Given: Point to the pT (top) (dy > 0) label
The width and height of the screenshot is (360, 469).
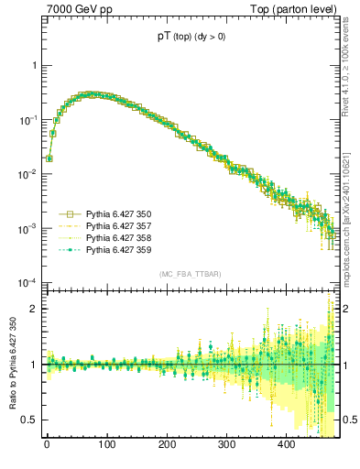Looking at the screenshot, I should [x=191, y=38].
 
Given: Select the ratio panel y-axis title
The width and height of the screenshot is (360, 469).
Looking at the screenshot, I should [x=12, y=365].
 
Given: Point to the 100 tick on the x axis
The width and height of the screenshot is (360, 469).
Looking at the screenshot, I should [x=106, y=445].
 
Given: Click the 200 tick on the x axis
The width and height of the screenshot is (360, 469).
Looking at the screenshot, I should [x=167, y=445].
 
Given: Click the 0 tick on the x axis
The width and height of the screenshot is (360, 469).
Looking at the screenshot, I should [x=47, y=445].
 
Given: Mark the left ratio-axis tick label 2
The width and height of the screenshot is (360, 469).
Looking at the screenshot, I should [x=33, y=309].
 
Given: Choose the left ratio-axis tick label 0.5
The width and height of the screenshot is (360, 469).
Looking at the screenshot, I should [x=29, y=420].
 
